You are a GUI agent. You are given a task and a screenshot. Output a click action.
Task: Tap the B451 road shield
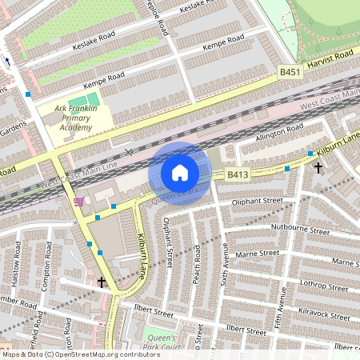pos(289,72)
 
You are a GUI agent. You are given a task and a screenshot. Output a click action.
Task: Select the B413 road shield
pos(237,174)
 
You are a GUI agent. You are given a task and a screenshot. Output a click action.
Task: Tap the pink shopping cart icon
pos(78,202)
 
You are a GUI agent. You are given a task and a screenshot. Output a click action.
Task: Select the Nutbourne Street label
pos(300,230)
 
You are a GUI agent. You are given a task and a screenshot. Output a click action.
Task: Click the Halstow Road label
pos(17,261)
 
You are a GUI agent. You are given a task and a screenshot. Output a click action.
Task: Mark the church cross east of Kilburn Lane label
pos(318,167)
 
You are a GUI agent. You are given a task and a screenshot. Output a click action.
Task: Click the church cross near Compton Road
pos(102,282)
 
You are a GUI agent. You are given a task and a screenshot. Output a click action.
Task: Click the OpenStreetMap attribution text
pos(80,354)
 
